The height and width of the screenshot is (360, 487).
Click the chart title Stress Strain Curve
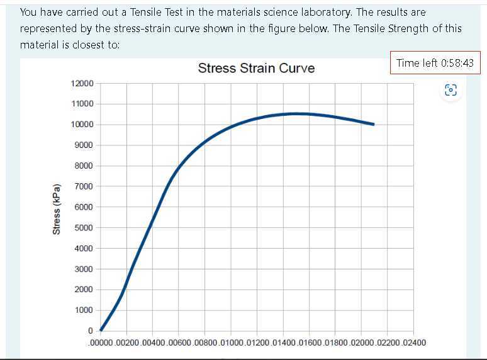pyautogui.click(x=256, y=68)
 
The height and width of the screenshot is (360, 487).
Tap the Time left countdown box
pyautogui.click(x=435, y=63)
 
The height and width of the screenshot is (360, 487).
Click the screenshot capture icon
pyautogui.click(x=451, y=90)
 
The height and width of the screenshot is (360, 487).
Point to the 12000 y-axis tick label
pyautogui.click(x=82, y=84)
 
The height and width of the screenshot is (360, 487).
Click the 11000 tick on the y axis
pyautogui.click(x=82, y=104)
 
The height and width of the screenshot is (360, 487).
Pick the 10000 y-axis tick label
pyautogui.click(x=82, y=125)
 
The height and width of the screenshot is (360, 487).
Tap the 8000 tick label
pyautogui.click(x=84, y=166)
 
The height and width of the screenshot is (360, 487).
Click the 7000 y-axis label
pyautogui.click(x=84, y=186)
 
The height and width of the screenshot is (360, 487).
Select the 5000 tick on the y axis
pyautogui.click(x=84, y=228)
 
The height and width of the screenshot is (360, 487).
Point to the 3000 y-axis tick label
pyautogui.click(x=84, y=269)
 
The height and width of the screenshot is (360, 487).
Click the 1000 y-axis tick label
pyautogui.click(x=84, y=310)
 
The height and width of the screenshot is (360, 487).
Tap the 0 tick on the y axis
pyautogui.click(x=91, y=330)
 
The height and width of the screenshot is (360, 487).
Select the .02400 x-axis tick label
pyautogui.click(x=413, y=343)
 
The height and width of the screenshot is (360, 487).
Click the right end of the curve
pyautogui.click(x=374, y=124)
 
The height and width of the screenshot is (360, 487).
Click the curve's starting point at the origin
pyautogui.click(x=101, y=330)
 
